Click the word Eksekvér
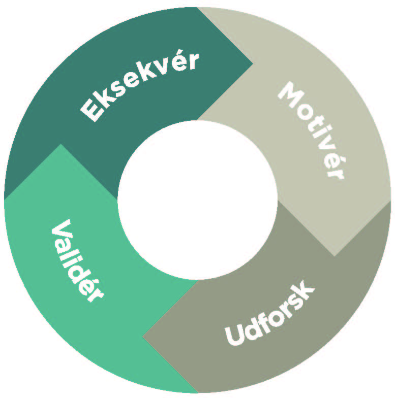click(x=139, y=87)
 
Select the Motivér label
click(x=311, y=130)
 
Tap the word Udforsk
click(x=269, y=313)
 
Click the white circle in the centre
click(x=197, y=200)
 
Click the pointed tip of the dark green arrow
click(x=253, y=64)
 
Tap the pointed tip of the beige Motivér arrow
click(x=335, y=256)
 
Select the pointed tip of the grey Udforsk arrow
click(x=142, y=337)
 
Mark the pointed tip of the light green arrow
click(x=61, y=144)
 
